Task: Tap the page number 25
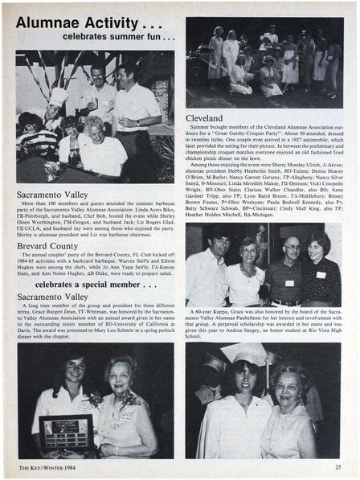point(337,467)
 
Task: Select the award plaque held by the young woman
point(63,430)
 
